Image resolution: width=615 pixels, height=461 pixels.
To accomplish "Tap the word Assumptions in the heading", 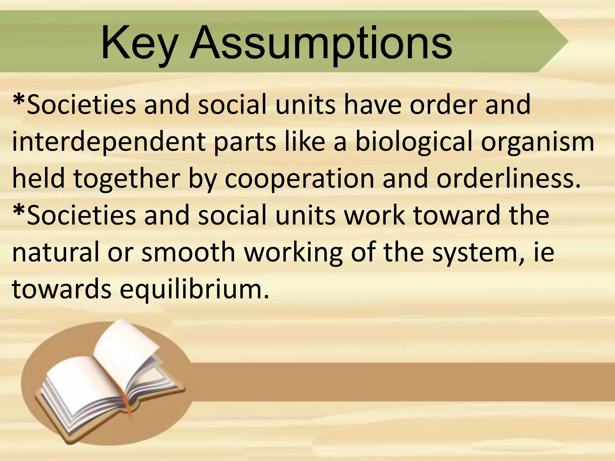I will click(321, 44).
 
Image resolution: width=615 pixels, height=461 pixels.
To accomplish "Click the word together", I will click(126, 179).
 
